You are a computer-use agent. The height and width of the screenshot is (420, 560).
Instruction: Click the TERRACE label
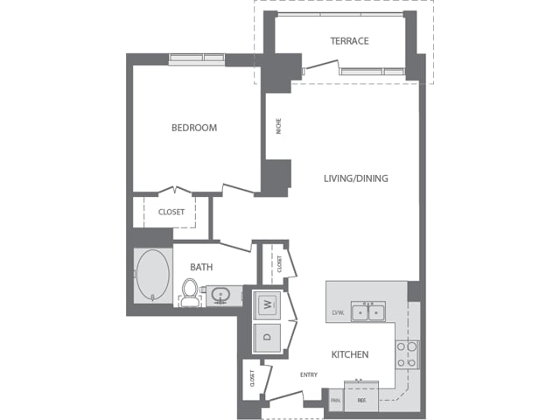349,41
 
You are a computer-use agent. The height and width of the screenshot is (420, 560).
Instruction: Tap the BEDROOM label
194,128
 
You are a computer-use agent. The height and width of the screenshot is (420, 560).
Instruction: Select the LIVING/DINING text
356,178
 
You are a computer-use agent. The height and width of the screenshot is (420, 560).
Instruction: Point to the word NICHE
278,126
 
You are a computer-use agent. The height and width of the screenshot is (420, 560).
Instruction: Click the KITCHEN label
350,354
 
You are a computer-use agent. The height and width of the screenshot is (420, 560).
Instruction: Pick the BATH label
201,267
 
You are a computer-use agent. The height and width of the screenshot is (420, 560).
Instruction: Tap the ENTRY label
309,374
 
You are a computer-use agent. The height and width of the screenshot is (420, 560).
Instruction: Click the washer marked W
267,305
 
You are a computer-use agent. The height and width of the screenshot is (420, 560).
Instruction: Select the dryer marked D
267,337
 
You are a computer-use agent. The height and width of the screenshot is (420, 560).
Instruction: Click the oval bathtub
153,275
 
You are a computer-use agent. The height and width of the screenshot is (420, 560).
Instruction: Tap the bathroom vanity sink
220,296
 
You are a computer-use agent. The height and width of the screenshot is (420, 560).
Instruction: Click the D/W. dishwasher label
338,313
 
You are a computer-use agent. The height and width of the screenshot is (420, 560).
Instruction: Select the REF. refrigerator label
361,401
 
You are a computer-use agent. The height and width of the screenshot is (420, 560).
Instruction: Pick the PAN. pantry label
336,401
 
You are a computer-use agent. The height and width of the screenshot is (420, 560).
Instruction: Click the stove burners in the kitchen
407,354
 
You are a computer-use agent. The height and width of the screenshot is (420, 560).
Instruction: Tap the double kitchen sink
367,311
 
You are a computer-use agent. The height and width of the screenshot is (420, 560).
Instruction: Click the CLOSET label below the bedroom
171,212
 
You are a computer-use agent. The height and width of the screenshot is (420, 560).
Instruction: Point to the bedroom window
196,59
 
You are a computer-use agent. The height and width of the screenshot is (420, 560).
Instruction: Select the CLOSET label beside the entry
252,379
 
